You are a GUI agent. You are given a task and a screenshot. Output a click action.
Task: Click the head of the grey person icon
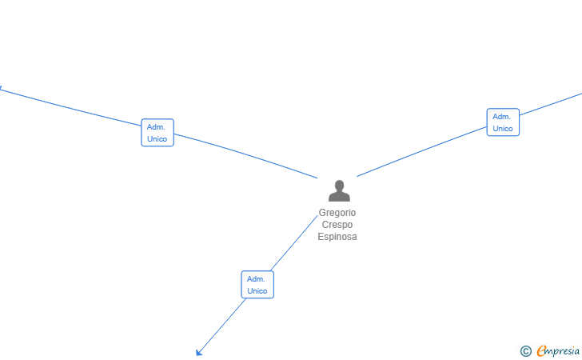[x=339, y=185]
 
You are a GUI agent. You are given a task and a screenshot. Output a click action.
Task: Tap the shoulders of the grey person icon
[x=339, y=196]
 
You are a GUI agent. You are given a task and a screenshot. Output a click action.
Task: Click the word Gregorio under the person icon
[x=337, y=213]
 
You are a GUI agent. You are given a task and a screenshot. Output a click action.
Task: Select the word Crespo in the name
[x=337, y=225]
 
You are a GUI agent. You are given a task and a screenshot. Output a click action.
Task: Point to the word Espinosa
[x=337, y=237]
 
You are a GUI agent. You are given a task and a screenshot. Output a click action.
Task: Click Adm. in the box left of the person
[x=156, y=127]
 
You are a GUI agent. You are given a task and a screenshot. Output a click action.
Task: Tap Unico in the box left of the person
[x=157, y=139]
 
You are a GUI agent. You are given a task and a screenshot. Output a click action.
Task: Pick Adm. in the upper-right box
[x=501, y=117]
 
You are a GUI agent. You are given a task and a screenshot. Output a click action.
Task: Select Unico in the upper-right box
[x=503, y=129]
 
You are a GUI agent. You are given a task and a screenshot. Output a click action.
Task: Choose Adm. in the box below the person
[x=256, y=279]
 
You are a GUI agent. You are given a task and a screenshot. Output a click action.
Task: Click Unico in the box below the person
[x=257, y=291]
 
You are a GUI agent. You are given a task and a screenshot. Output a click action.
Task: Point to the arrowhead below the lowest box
[x=199, y=352]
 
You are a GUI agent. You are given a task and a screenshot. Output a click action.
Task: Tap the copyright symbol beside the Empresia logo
[x=525, y=351]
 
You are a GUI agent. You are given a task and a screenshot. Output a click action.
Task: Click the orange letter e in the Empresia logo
[x=541, y=350]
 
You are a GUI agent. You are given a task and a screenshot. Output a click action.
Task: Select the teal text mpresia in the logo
[x=563, y=351]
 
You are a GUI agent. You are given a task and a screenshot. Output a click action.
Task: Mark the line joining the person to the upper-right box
[x=421, y=151]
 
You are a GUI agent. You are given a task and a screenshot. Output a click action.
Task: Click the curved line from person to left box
[x=247, y=154]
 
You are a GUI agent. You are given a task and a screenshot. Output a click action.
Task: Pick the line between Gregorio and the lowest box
[x=294, y=243]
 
